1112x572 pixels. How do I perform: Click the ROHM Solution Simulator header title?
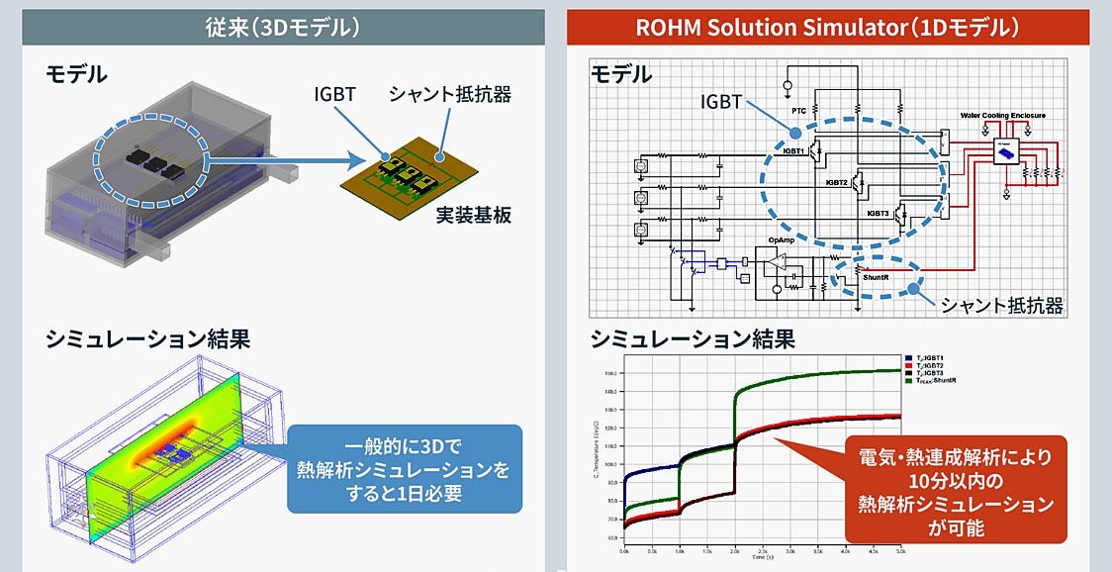(827, 27)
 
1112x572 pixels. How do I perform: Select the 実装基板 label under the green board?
(474, 214)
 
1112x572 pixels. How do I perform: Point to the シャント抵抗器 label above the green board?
(449, 95)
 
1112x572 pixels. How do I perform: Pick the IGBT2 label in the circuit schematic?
(836, 183)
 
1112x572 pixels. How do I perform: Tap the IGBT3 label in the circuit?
(877, 213)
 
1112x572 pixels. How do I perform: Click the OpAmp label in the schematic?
(782, 240)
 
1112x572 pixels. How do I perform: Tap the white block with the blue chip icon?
(1007, 151)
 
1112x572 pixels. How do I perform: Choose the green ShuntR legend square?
(909, 380)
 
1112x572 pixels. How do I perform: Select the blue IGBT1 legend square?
(909, 356)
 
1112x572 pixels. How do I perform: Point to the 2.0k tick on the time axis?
(733, 549)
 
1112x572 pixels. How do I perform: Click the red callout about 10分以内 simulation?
(956, 488)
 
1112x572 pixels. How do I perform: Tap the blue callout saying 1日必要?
(404, 469)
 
